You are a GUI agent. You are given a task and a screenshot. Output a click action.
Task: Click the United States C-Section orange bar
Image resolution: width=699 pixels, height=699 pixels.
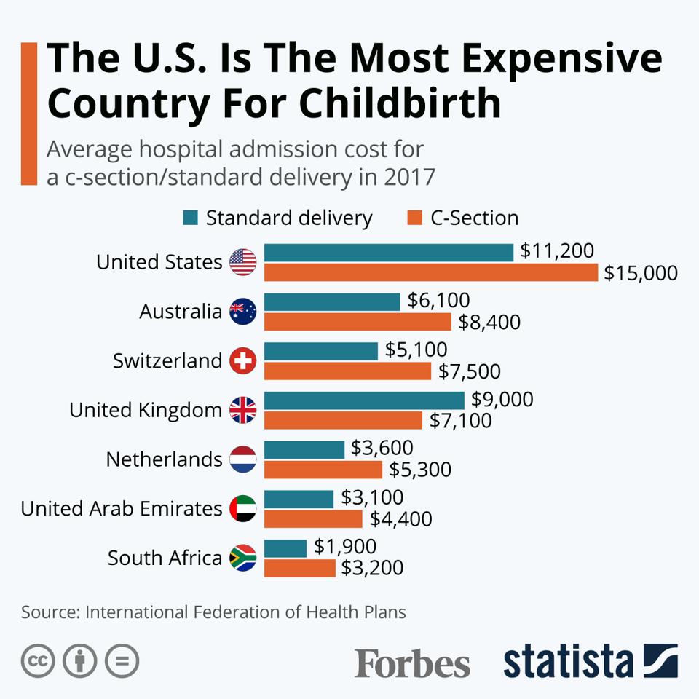point(430,272)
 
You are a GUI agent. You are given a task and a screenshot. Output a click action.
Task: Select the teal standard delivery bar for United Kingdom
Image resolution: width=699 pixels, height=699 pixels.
point(363,400)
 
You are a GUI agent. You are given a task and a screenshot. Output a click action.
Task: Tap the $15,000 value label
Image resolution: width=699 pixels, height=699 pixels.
point(640,273)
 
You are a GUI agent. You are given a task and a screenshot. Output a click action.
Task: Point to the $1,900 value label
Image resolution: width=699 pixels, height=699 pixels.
point(345,547)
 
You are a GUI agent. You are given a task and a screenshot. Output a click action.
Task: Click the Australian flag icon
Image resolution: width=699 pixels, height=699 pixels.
point(243,312)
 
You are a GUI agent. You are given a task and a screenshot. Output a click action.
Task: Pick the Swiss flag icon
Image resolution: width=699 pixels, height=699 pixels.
point(243,361)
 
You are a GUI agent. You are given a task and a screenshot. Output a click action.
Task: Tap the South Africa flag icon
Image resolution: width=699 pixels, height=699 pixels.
point(243,558)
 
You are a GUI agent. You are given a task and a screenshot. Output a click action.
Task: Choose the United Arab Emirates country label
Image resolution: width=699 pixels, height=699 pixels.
point(122,508)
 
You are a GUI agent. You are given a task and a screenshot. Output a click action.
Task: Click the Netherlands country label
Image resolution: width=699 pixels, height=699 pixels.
point(164,459)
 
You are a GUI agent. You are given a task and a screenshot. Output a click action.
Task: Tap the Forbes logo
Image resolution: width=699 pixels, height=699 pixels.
point(412,663)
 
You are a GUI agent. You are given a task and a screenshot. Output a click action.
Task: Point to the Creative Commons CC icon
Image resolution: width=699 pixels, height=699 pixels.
point(38,661)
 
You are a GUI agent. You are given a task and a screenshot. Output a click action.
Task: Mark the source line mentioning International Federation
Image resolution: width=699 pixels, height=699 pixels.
point(213,612)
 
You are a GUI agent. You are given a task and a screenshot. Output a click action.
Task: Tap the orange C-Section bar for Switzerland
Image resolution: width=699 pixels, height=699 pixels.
point(347,371)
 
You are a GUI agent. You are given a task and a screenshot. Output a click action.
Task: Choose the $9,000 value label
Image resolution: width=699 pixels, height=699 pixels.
point(502,400)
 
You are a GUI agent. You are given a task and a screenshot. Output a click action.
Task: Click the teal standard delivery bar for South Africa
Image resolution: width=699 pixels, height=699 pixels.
point(285,548)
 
